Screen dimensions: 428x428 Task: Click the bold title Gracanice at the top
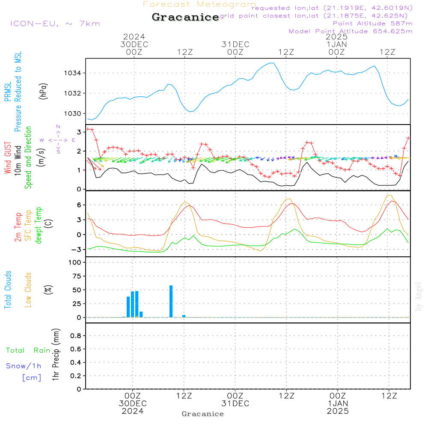tap(185, 18)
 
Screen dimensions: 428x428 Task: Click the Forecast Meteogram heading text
tap(199, 4)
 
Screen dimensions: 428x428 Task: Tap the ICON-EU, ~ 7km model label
tap(55, 24)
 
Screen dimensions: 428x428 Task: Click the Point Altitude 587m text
tap(372, 23)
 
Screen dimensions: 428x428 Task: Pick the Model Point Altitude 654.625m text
tap(351, 31)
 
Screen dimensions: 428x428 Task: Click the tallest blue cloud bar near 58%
tap(171, 301)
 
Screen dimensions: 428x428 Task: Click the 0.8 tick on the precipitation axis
tap(76, 336)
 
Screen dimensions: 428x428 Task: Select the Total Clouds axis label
tap(8, 290)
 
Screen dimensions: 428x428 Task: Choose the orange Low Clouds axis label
tap(28, 290)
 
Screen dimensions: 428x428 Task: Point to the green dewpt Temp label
tap(39, 226)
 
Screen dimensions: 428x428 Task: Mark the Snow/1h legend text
tap(24, 366)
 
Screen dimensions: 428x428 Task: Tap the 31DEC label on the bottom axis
tap(235, 404)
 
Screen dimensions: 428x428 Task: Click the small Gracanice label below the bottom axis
tap(202, 414)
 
